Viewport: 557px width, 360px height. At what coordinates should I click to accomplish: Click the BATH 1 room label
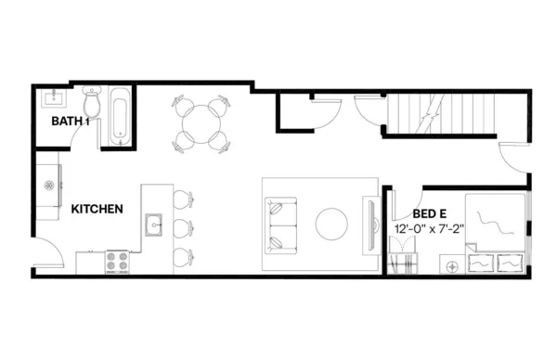(71, 121)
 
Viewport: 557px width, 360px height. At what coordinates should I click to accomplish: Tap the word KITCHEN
(97, 210)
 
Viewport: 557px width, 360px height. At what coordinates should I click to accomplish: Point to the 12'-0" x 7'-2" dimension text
(433, 228)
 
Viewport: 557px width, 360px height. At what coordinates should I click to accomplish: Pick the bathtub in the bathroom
(120, 116)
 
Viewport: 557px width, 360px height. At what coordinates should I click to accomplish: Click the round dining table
(201, 123)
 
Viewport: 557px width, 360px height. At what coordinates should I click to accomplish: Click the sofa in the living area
(278, 225)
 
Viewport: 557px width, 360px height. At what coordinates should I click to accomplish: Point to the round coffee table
(332, 224)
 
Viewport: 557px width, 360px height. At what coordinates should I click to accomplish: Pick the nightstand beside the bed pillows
(452, 266)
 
